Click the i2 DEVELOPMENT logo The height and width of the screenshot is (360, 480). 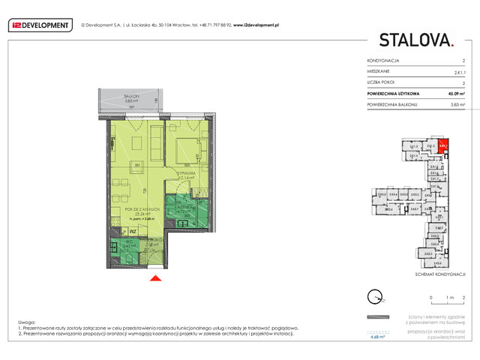click(x=40, y=25)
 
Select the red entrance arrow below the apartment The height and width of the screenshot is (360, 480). click(x=155, y=279)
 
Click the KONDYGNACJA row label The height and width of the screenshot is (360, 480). click(x=383, y=60)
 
